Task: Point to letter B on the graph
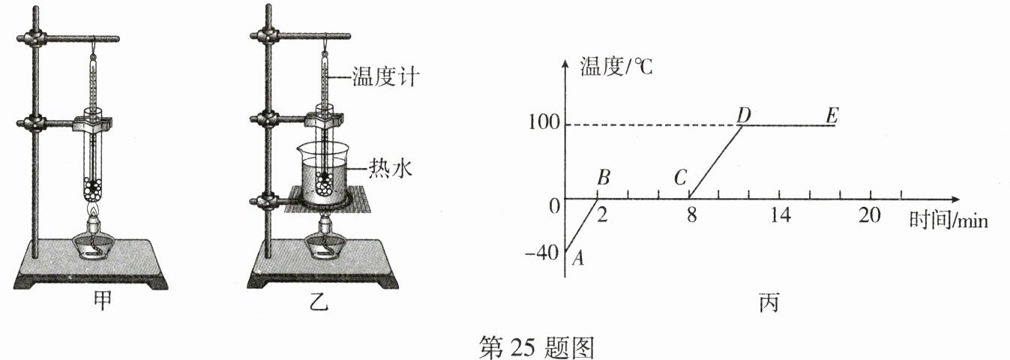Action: tap(604, 178)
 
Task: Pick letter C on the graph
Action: tap(681, 178)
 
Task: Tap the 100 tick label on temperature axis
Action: tap(544, 125)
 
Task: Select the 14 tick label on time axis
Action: tap(780, 215)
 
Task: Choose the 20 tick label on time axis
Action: tap(870, 215)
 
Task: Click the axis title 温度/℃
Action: tap(616, 67)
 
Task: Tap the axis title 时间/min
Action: tap(948, 220)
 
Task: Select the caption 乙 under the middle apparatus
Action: tap(320, 303)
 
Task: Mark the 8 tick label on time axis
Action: tap(691, 215)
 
